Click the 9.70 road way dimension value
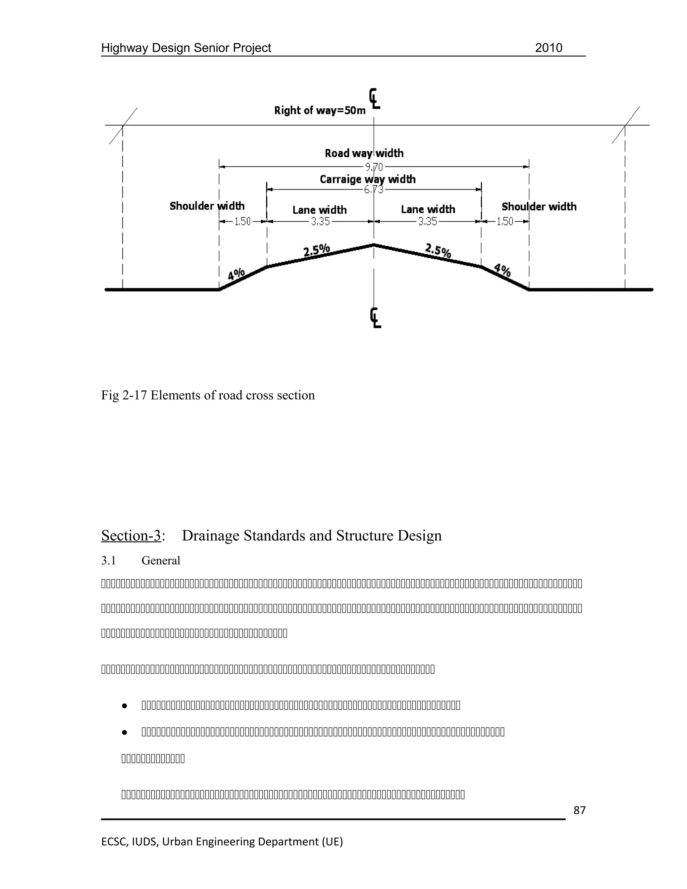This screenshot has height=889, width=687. [374, 167]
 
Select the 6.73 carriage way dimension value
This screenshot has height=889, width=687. [374, 190]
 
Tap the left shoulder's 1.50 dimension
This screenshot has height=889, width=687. [243, 222]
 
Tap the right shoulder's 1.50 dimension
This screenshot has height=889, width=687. [505, 222]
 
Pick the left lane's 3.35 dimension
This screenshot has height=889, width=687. [320, 222]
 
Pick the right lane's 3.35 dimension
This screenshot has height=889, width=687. [428, 222]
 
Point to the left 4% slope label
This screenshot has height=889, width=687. [236, 274]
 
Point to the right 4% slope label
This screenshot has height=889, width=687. [502, 270]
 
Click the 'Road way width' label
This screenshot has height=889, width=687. [364, 153]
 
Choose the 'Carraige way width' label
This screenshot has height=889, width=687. [368, 179]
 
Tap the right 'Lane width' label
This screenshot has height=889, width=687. [428, 210]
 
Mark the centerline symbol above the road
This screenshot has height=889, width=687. [374, 99]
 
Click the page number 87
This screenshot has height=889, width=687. [579, 810]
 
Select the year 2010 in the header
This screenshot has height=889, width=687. [548, 48]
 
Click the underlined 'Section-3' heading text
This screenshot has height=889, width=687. [131, 536]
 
